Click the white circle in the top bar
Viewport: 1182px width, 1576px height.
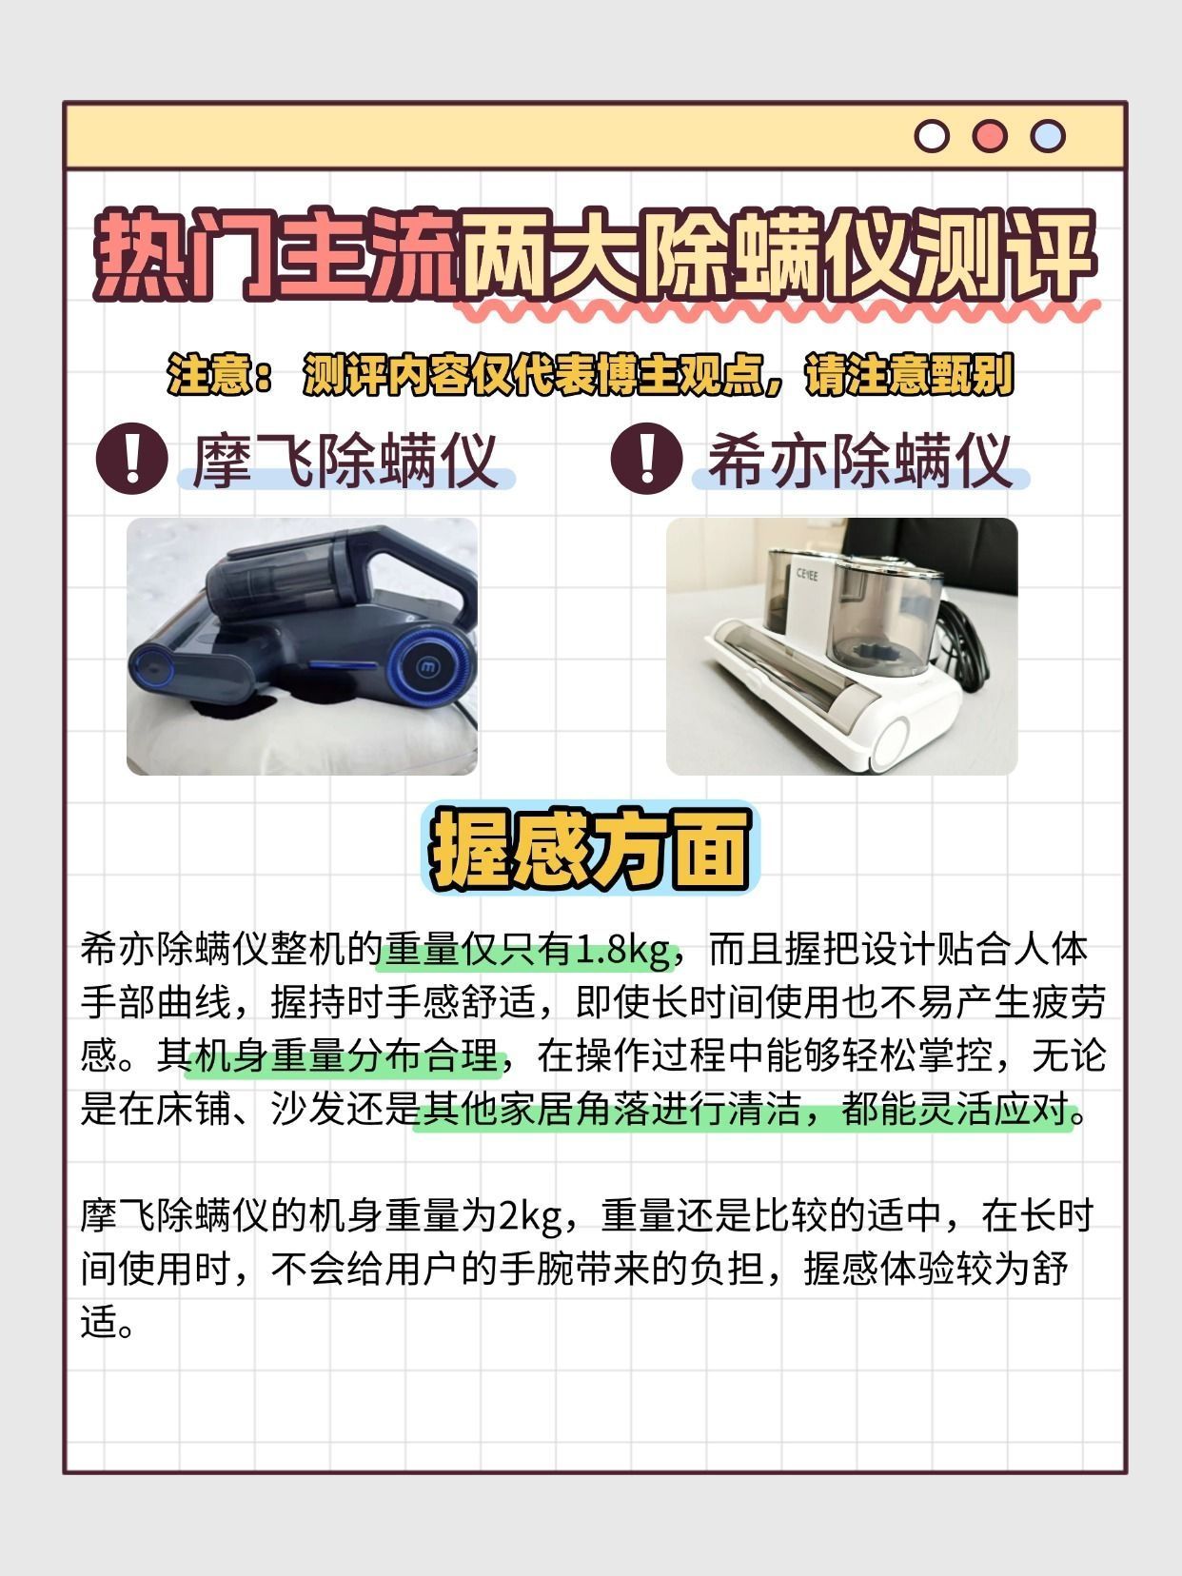(932, 136)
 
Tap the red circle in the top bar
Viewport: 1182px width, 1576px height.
(990, 136)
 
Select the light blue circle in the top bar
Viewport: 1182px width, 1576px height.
(1048, 136)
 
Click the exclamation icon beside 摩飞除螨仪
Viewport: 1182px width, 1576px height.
(132, 458)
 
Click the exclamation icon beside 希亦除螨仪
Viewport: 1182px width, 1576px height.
(646, 458)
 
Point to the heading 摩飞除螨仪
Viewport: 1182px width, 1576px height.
(345, 461)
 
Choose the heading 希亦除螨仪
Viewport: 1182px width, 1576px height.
(859, 461)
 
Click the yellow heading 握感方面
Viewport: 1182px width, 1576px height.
(590, 848)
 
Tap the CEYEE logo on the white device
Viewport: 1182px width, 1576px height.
(807, 575)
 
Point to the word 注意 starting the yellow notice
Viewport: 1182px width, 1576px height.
(208, 374)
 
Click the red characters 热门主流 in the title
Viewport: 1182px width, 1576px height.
(276, 254)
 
